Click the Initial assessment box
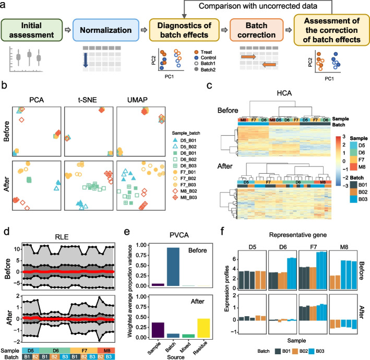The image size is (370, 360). point(32,31)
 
